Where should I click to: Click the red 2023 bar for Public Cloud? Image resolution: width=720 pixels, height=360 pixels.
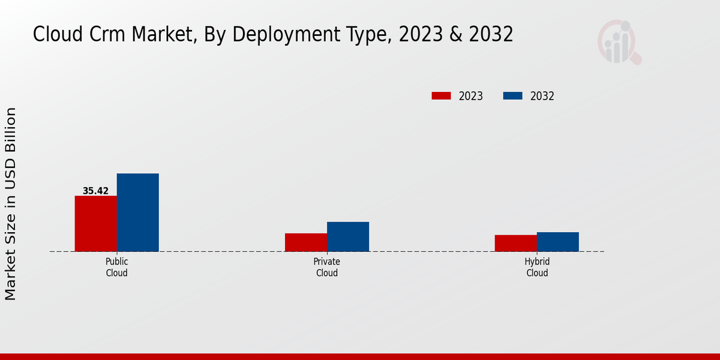95,223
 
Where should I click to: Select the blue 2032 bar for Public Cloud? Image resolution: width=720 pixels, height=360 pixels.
137,212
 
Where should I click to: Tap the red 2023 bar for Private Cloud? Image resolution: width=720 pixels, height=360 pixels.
305,242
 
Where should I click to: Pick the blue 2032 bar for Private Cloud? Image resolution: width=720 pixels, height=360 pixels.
347,236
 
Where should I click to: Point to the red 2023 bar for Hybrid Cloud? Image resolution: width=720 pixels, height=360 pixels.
515,243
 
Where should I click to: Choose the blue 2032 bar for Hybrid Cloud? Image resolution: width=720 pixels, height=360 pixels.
557,242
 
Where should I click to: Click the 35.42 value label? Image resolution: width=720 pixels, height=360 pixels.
95,191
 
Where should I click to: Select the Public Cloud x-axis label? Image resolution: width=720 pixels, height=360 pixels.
116,267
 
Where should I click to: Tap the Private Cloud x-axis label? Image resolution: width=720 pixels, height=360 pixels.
326,267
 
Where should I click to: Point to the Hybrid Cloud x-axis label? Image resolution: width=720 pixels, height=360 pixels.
537,267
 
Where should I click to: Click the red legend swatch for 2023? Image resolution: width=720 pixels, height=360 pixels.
441,96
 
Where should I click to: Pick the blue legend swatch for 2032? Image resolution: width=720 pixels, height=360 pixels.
512,96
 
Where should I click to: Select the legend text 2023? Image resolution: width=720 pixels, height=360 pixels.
470,96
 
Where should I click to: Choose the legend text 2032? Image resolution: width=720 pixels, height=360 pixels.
542,96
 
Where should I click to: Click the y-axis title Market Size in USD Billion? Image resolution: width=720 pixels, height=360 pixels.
11,204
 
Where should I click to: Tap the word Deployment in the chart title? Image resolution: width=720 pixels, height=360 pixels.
277,35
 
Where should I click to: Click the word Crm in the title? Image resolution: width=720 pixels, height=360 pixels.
100,35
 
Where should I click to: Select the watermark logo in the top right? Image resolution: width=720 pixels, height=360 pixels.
619,42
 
